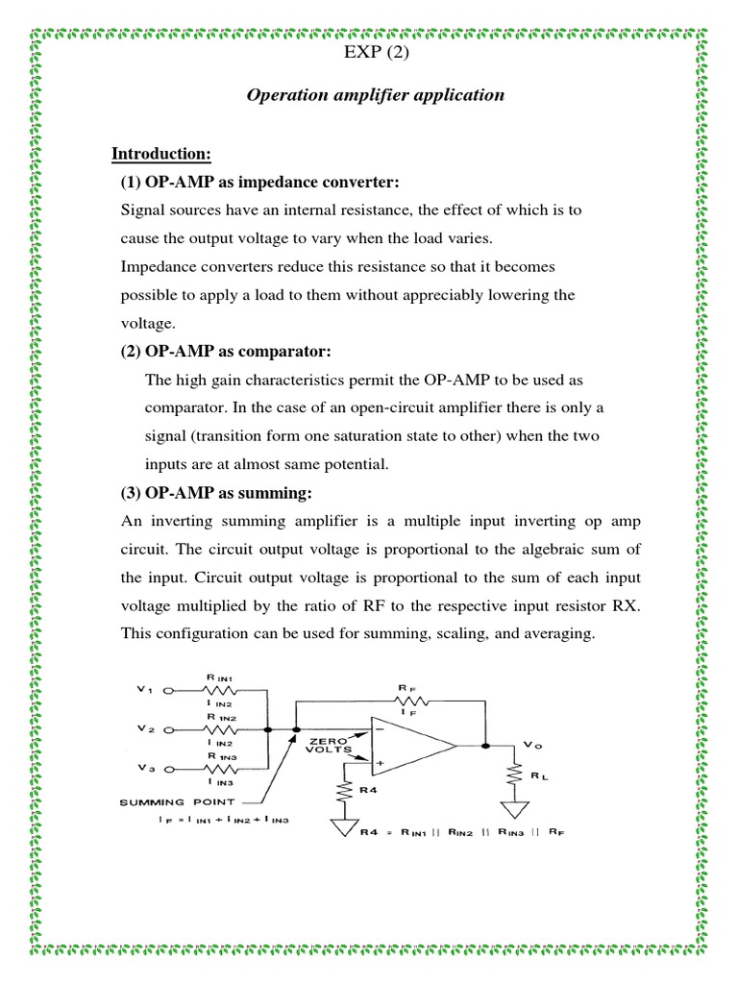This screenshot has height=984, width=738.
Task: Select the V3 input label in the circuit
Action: (x=145, y=769)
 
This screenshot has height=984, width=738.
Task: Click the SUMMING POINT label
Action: (x=179, y=800)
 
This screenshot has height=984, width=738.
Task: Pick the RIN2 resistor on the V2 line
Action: (x=223, y=729)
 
